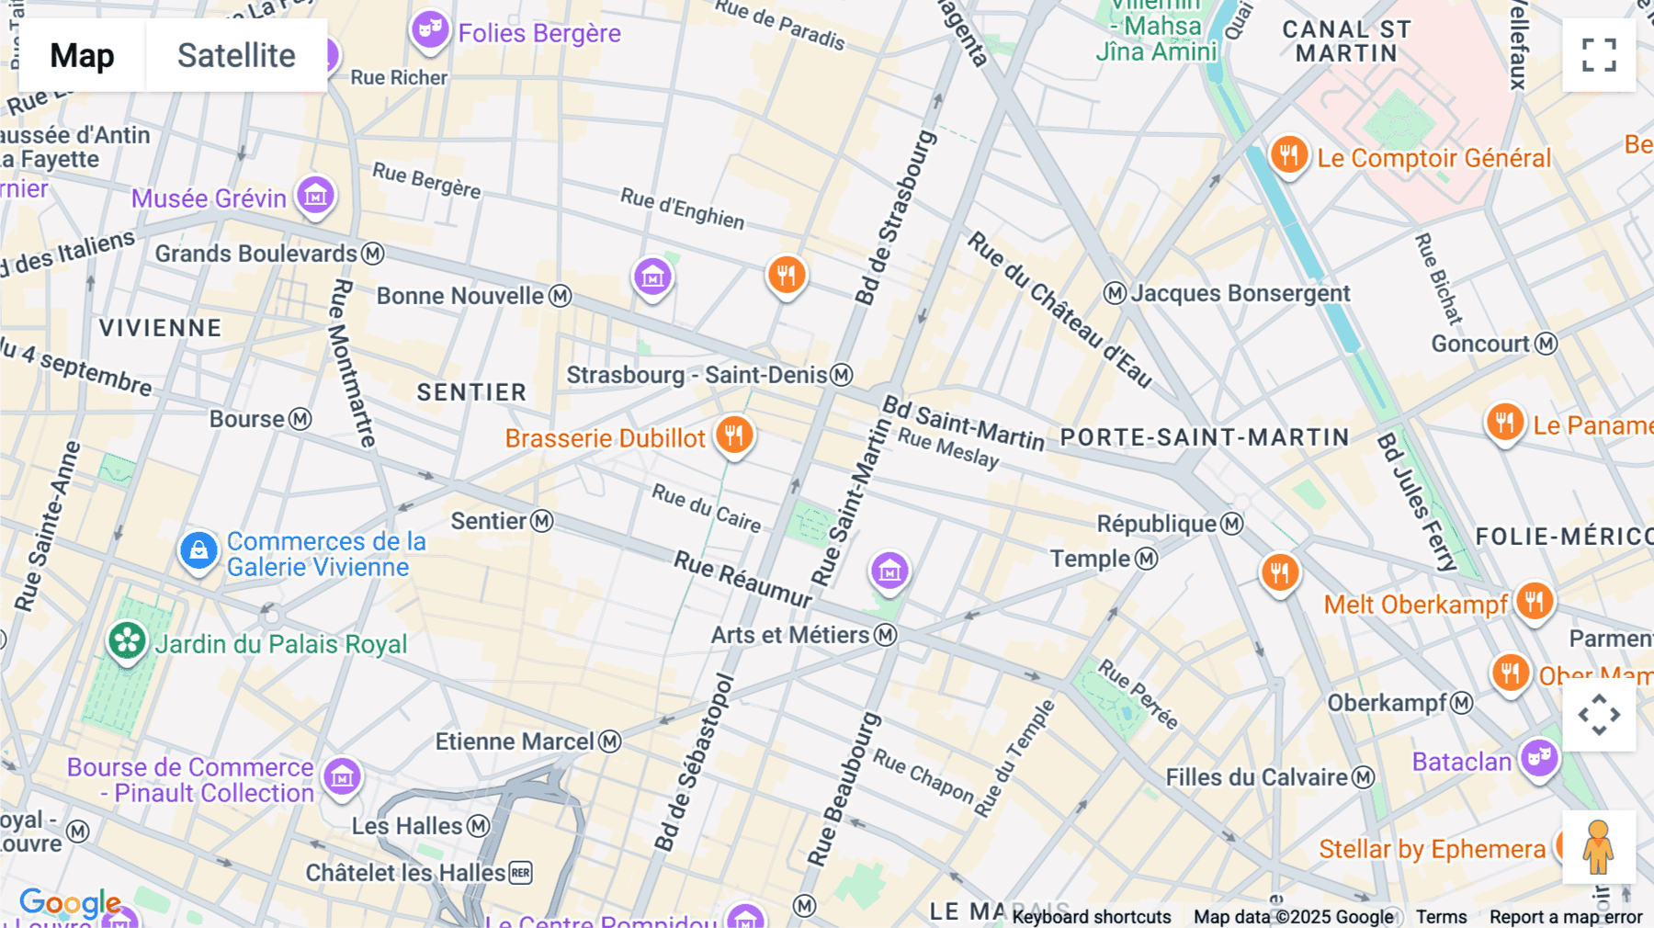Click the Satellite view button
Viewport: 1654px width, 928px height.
point(236,56)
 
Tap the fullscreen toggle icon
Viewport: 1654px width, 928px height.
point(1599,55)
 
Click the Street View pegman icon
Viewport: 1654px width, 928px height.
point(1599,847)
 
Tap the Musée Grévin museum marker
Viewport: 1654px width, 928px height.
point(315,195)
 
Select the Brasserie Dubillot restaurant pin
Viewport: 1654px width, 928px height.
point(733,435)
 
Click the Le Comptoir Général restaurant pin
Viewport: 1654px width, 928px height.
point(1288,155)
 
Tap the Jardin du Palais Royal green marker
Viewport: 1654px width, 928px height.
point(127,640)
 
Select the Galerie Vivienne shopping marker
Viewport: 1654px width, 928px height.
point(198,550)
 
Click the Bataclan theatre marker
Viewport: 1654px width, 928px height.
point(1539,758)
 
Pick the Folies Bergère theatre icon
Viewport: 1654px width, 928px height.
point(429,29)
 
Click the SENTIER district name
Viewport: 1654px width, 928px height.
point(471,392)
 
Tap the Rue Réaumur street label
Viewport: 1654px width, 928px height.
point(742,579)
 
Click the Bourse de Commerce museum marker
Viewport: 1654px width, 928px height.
point(342,776)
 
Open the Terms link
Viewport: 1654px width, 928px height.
point(1441,916)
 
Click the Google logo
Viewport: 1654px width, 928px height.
point(70,903)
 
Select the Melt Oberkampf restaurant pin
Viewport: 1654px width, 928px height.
point(1534,602)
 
